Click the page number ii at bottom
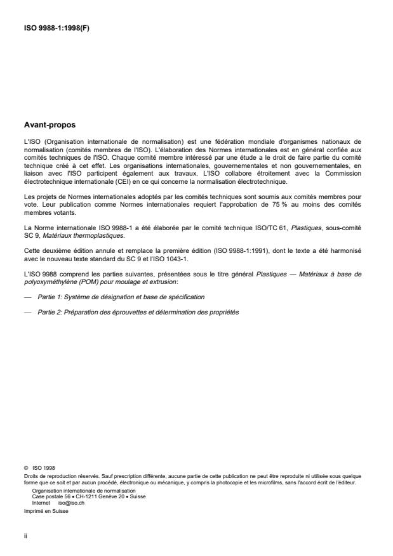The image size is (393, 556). tap(25, 536)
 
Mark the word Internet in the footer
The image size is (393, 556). tap(41, 500)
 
